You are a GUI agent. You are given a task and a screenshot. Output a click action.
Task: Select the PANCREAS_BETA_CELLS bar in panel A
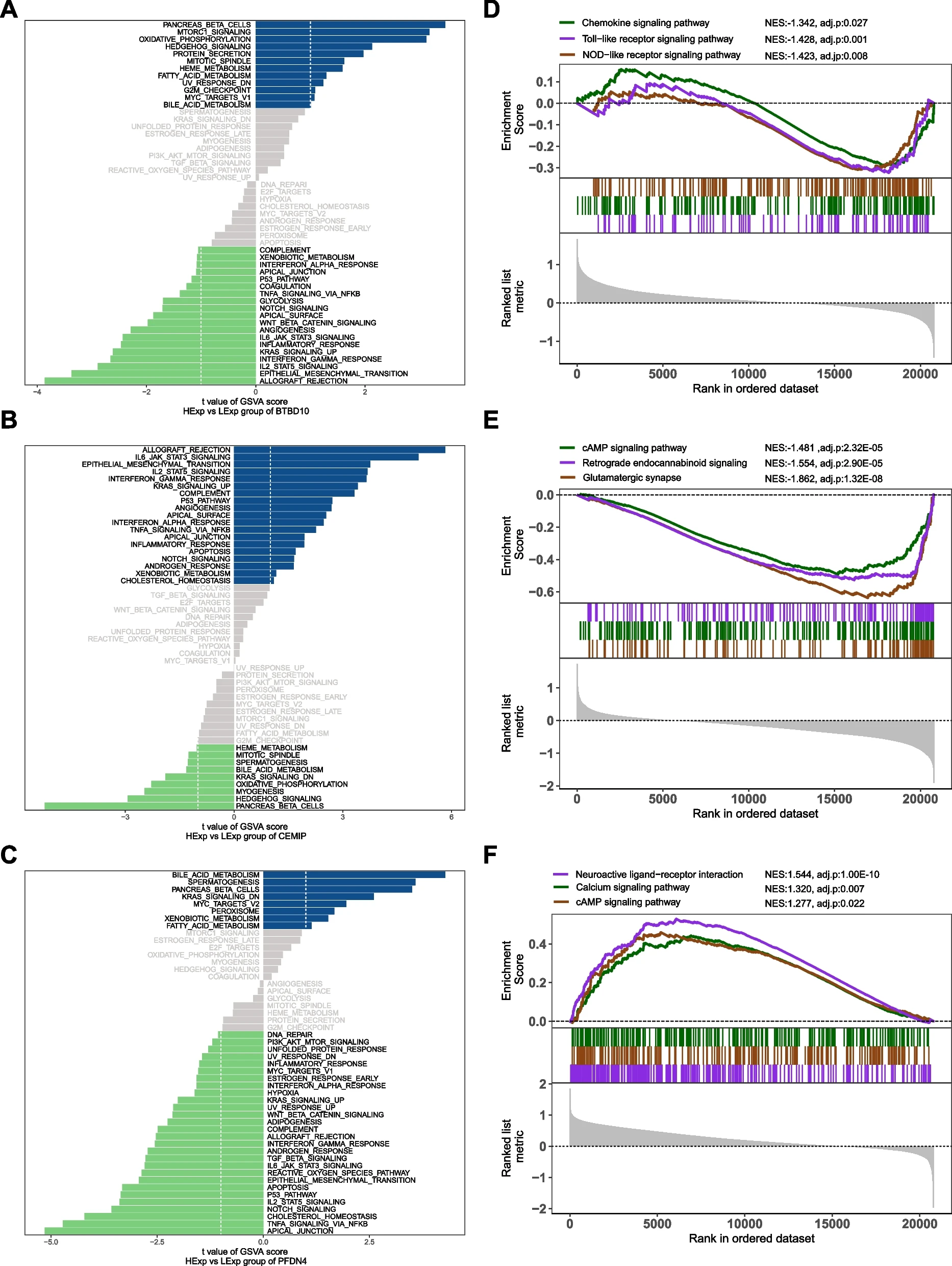pyautogui.click(x=349, y=25)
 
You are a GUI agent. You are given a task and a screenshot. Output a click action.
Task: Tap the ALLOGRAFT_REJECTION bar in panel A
pyautogui.click(x=150, y=381)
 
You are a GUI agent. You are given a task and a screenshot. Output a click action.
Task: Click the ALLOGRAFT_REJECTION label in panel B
pyautogui.click(x=187, y=450)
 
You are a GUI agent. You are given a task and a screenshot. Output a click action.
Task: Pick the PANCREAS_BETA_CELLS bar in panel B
pyautogui.click(x=139, y=806)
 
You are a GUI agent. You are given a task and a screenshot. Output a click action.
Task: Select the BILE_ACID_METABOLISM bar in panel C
pyautogui.click(x=354, y=874)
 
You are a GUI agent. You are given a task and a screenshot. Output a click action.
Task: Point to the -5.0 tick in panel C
pyautogui.click(x=51, y=1241)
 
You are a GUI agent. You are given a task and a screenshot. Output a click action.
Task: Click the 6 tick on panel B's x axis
pyautogui.click(x=452, y=817)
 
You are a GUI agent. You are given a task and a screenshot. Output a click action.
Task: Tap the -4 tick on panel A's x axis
pyautogui.click(x=37, y=392)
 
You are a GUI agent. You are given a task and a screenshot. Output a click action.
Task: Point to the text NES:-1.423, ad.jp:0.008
pyautogui.click(x=815, y=56)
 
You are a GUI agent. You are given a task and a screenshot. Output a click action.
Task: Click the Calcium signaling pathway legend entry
pyautogui.click(x=632, y=887)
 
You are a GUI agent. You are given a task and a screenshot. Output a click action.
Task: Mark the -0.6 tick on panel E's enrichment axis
pyautogui.click(x=541, y=592)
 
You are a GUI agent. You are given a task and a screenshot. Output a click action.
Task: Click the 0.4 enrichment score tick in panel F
pyautogui.click(x=537, y=944)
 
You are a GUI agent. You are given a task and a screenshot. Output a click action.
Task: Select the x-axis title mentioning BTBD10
pyautogui.click(x=245, y=406)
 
